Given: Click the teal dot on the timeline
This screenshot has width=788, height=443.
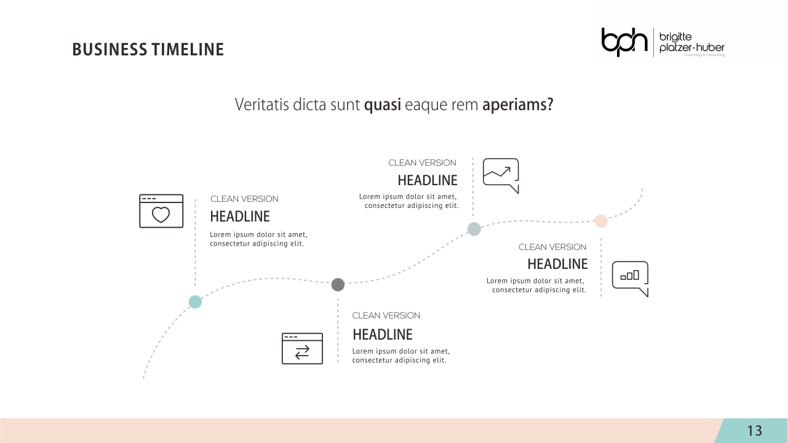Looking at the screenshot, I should click(x=195, y=301).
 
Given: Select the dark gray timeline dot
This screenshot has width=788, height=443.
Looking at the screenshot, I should click(x=338, y=284).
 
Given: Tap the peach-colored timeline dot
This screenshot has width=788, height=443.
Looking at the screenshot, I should click(x=601, y=221).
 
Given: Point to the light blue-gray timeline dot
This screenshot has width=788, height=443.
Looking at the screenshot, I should click(x=474, y=229).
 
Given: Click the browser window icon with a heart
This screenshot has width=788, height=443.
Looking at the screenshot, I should click(x=161, y=211).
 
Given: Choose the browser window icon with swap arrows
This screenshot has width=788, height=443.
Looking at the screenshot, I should click(x=302, y=348).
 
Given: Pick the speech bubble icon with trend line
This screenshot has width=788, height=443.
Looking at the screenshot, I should click(x=501, y=175).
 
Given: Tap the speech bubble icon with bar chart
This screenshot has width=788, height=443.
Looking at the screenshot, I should click(x=630, y=278).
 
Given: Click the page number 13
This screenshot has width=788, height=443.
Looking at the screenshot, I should click(x=755, y=431).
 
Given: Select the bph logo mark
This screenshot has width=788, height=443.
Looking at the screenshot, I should click(x=624, y=42).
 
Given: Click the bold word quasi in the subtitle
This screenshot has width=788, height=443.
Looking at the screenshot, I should click(x=383, y=105).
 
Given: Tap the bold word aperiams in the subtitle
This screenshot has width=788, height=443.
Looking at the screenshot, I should click(x=517, y=105).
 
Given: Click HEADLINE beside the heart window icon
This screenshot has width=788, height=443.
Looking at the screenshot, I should click(x=240, y=217).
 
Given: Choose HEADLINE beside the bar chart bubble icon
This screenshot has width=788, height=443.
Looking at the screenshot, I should click(x=557, y=264).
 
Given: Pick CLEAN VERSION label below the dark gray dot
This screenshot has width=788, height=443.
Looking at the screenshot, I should click(x=386, y=316).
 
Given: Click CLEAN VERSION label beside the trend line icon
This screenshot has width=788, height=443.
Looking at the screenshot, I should click(x=423, y=163).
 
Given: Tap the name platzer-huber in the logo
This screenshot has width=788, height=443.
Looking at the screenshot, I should click(x=692, y=48).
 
